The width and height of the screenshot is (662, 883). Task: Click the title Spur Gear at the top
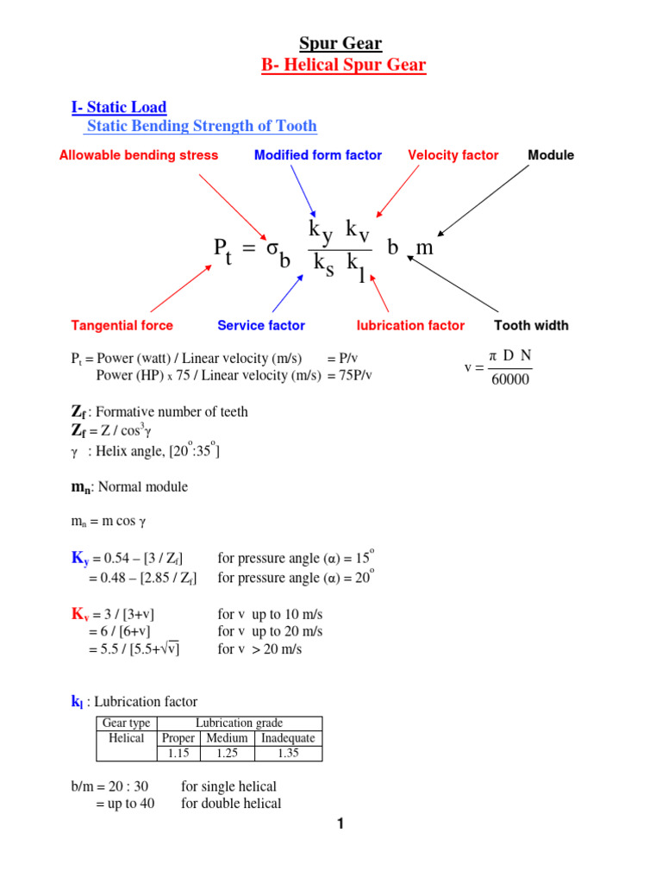(x=340, y=43)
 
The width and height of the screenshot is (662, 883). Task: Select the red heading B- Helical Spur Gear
(x=343, y=66)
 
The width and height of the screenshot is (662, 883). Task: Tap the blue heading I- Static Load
(x=118, y=108)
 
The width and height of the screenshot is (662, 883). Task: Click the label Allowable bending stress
(x=138, y=155)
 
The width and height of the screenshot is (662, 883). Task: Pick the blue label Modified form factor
(x=318, y=155)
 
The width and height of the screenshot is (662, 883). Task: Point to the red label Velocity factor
(x=453, y=155)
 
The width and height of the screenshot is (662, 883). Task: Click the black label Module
(x=551, y=155)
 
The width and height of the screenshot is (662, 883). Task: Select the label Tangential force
(x=122, y=325)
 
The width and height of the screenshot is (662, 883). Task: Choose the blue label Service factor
(x=261, y=325)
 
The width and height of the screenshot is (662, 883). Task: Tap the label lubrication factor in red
(x=410, y=325)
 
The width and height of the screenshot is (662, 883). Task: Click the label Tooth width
(x=531, y=325)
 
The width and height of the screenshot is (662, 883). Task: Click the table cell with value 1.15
(x=178, y=753)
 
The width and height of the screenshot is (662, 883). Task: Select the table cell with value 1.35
(x=288, y=753)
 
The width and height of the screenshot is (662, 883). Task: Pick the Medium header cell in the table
(x=227, y=738)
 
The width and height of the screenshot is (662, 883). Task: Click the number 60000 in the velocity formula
(x=510, y=379)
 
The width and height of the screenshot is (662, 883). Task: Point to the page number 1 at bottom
(x=340, y=824)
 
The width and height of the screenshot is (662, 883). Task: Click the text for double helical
(x=231, y=804)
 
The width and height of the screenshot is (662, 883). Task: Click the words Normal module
(x=144, y=487)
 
